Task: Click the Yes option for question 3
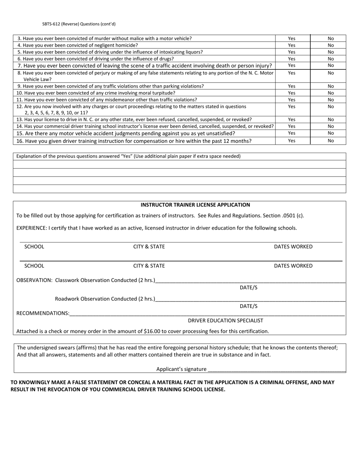(291, 38)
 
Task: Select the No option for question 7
(330, 66)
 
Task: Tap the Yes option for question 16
(291, 141)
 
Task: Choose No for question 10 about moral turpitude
(330, 93)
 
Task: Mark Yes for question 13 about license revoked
(291, 119)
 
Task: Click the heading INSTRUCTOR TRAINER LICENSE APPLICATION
(195, 205)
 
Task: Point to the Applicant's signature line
(277, 369)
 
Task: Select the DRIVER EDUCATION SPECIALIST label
(225, 321)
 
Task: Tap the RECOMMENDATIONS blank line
(207, 314)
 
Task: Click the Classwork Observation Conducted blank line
(250, 281)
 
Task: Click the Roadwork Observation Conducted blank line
(250, 299)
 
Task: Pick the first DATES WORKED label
(293, 247)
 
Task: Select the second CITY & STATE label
(149, 266)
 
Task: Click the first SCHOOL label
(34, 247)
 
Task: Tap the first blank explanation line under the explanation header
(179, 164)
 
